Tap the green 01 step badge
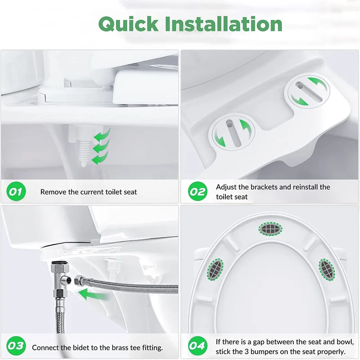click(x=16, y=192)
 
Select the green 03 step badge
click(x=16, y=346)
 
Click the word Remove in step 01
click(x=53, y=192)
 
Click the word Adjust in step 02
click(x=226, y=187)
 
